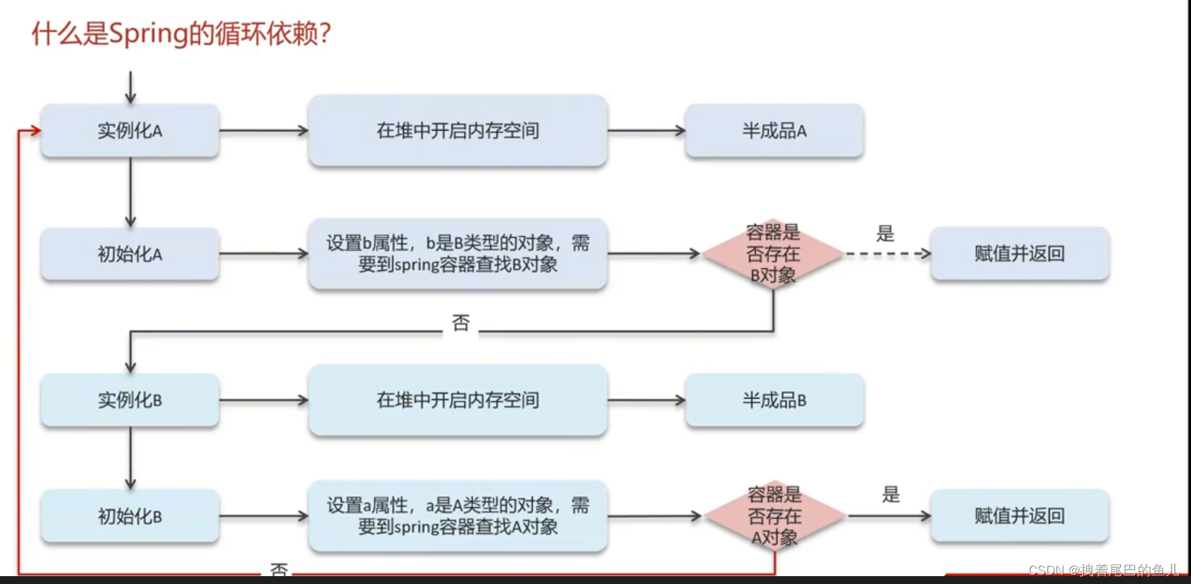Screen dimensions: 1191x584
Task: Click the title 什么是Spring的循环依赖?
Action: coord(181,34)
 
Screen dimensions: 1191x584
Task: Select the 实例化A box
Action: coord(130,131)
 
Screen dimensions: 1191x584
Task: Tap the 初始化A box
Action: coord(130,254)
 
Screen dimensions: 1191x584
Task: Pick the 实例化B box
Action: coord(130,400)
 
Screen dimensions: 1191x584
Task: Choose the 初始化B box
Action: coord(130,516)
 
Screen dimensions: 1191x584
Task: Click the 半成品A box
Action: coord(774,131)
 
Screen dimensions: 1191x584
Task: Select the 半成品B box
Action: coord(774,400)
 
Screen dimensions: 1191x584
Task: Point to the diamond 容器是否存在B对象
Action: coord(773,254)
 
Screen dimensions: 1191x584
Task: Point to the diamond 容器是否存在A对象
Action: coord(775,516)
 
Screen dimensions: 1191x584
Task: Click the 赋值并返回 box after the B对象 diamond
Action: coord(1019,254)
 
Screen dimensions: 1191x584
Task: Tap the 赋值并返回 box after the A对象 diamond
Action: coord(1019,516)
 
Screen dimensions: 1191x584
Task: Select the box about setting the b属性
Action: coord(458,254)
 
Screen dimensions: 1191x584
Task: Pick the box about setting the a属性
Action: coord(458,516)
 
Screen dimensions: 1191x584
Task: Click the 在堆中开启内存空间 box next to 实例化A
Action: coord(458,131)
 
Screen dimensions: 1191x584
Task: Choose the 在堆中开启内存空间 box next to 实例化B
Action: coord(458,400)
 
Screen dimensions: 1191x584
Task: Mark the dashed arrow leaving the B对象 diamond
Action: coord(887,254)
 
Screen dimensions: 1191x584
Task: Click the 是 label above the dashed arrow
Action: coord(886,234)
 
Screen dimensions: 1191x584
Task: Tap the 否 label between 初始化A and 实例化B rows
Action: coord(461,323)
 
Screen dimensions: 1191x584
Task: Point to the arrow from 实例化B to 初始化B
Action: coord(130,457)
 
